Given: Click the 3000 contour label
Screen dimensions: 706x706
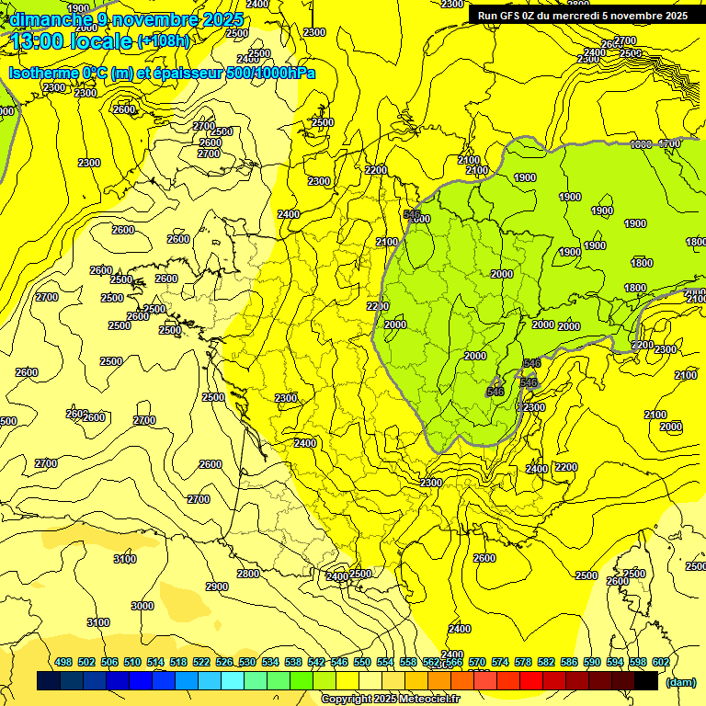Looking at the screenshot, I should click(x=142, y=606).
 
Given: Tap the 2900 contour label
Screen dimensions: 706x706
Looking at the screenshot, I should click(x=217, y=586).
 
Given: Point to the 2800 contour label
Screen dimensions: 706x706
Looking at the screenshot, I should click(x=248, y=574).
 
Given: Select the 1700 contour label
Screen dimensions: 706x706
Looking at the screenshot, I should click(x=670, y=144).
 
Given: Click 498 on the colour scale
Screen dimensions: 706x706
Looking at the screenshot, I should click(x=63, y=662).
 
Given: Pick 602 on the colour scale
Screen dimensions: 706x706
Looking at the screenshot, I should click(x=661, y=662).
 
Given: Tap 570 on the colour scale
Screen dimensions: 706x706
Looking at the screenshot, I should click(x=477, y=662).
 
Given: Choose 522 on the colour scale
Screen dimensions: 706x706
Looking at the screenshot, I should click(x=201, y=662).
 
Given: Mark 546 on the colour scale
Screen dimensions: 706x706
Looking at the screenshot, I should click(x=339, y=662).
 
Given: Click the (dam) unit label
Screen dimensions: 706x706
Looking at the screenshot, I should click(x=680, y=682).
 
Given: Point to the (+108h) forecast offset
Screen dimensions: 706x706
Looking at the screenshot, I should click(x=164, y=41).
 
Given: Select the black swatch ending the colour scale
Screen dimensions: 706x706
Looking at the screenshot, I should click(x=646, y=680).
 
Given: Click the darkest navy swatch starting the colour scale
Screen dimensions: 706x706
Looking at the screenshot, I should click(x=49, y=680).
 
